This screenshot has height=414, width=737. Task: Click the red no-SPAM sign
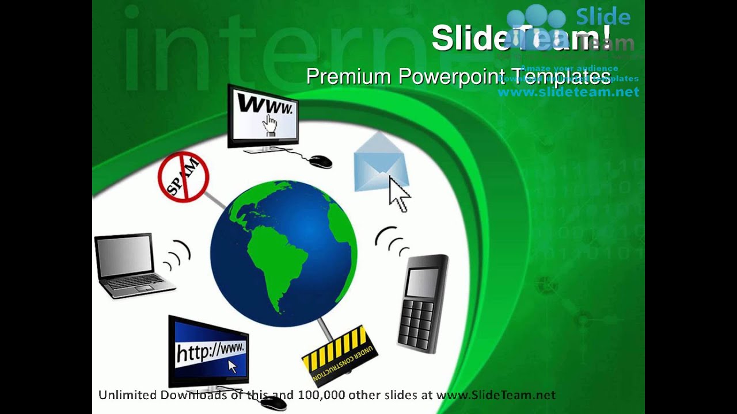point(183,177)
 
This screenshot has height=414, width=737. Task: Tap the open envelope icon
point(379,164)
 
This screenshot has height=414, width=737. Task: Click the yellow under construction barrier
point(340,353)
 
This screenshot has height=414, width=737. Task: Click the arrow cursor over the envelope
point(398,194)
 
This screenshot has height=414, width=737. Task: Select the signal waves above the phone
point(392,241)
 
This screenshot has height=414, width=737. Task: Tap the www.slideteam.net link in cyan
point(568,91)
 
